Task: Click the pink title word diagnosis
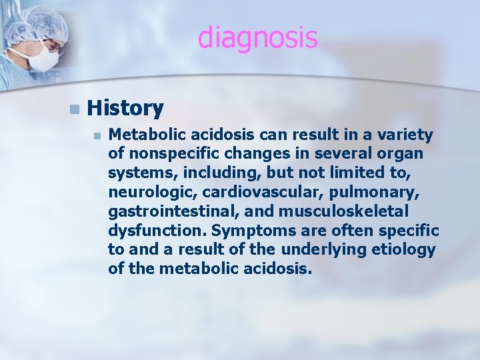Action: pyautogui.click(x=257, y=38)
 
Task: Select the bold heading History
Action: pyautogui.click(x=125, y=108)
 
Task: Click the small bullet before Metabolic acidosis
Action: pyautogui.click(x=97, y=136)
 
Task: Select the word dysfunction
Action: pyautogui.click(x=150, y=231)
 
